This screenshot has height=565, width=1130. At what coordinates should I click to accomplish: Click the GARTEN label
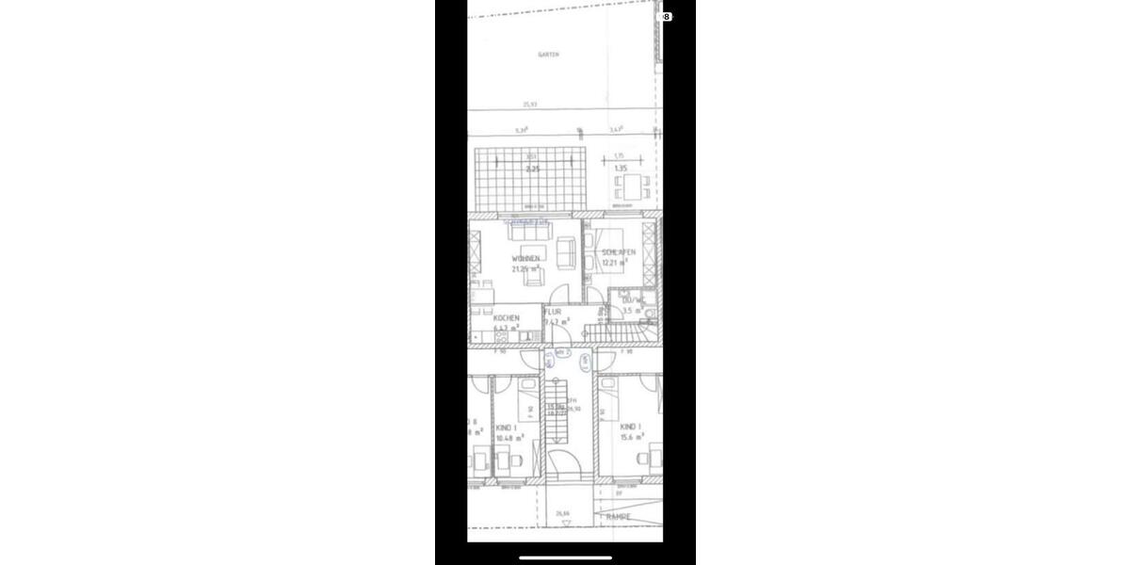pyautogui.click(x=548, y=55)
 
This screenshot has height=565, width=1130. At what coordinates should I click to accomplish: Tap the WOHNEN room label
pyautogui.click(x=525, y=258)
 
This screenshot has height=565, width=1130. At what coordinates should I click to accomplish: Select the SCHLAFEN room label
pyautogui.click(x=619, y=252)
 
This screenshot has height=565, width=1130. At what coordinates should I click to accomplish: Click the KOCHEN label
pyautogui.click(x=506, y=318)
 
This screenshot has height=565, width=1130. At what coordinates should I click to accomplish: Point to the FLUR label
pyautogui.click(x=554, y=311)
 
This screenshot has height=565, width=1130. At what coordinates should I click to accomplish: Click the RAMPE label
pyautogui.click(x=619, y=517)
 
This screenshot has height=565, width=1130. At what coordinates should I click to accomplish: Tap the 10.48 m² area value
pyautogui.click(x=509, y=438)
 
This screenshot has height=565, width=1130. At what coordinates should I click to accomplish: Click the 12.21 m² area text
pyautogui.click(x=616, y=264)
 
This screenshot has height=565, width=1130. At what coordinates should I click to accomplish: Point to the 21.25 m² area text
pyautogui.click(x=525, y=269)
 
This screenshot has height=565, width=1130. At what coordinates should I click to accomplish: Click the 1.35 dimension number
pyautogui.click(x=620, y=169)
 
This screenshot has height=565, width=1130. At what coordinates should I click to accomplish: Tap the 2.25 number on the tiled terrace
pyautogui.click(x=532, y=169)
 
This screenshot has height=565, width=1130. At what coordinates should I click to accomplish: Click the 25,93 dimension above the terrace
pyautogui.click(x=531, y=105)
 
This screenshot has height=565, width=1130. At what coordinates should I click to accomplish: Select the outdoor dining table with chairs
pyautogui.click(x=633, y=186)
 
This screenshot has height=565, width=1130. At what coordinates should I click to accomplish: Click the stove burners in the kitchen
pyautogui.click(x=503, y=336)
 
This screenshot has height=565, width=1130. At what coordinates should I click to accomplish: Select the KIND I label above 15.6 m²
pyautogui.click(x=630, y=427)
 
